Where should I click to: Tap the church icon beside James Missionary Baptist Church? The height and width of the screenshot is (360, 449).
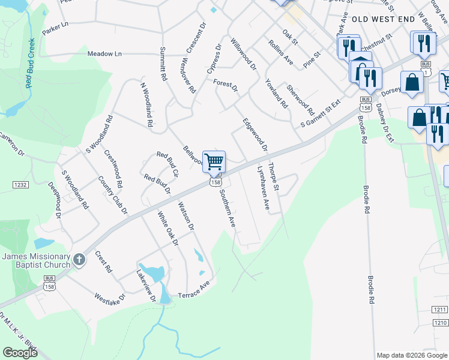point(80,258)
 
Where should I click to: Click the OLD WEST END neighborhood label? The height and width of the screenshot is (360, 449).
point(384,19)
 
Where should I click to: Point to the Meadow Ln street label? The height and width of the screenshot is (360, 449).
point(104,54)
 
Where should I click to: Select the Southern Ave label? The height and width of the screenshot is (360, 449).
point(227,208)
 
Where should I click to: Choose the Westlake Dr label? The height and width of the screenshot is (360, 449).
point(109,297)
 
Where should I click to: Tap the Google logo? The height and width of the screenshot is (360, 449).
point(20,353)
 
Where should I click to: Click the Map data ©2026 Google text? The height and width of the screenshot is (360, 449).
point(412,355)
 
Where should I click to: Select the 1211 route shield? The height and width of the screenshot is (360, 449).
point(439,310)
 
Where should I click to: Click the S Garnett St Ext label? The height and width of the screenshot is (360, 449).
point(321,113)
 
